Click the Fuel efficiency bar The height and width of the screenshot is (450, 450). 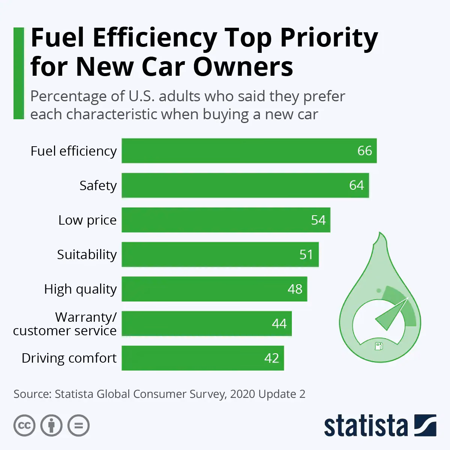click(240, 151)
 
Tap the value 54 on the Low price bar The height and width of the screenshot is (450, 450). click(318, 220)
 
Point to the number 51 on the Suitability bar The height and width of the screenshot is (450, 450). click(306, 254)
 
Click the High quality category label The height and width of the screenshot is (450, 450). click(80, 289)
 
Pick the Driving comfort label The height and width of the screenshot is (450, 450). click(69, 358)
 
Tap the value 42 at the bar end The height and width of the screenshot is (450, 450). click(271, 358)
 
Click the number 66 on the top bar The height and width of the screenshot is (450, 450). click(364, 151)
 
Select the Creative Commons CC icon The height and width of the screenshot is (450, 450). click(24, 426)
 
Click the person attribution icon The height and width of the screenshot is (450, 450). click(51, 426)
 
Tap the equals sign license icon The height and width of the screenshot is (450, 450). click(78, 426)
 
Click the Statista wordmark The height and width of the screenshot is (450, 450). click(366, 426)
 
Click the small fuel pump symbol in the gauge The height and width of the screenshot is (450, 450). click(379, 345)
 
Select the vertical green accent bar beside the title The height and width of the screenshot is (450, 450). click(18, 73)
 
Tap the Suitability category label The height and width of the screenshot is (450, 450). click(87, 255)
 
